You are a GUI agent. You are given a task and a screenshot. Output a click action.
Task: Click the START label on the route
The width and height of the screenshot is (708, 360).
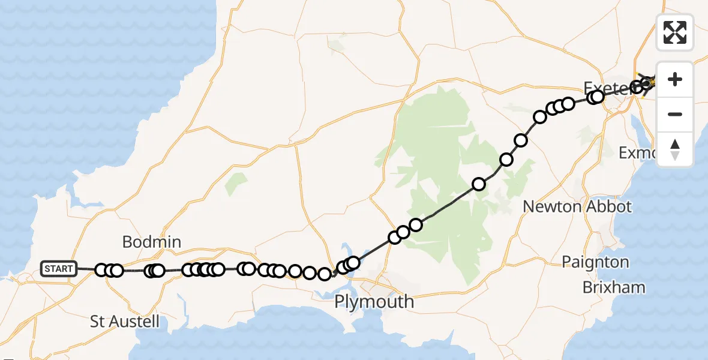tap(58, 269)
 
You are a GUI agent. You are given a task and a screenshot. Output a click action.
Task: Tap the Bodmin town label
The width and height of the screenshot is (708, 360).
tap(151, 242)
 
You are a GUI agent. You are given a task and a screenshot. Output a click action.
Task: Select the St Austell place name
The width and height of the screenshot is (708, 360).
tap(125, 322)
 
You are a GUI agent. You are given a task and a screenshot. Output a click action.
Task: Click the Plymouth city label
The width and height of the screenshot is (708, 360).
tap(374, 301)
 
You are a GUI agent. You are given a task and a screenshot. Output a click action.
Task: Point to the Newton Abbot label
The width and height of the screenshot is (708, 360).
tap(577, 207)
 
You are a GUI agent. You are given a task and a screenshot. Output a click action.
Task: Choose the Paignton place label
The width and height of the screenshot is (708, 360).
tap(595, 262)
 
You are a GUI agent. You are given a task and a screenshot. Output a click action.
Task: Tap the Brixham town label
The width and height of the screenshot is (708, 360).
tap(614, 287)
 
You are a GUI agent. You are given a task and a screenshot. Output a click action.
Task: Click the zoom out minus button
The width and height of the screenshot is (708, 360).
tap(675, 114)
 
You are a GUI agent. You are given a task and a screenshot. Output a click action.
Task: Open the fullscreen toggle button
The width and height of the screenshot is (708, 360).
tap(675, 32)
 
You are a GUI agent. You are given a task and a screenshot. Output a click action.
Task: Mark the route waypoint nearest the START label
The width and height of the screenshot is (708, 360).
tap(101, 270)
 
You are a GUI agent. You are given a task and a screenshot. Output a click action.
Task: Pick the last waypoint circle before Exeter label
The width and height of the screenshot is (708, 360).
tap(597, 97)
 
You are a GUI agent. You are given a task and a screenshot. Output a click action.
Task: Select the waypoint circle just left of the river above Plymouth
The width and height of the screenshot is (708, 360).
tap(325, 274)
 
